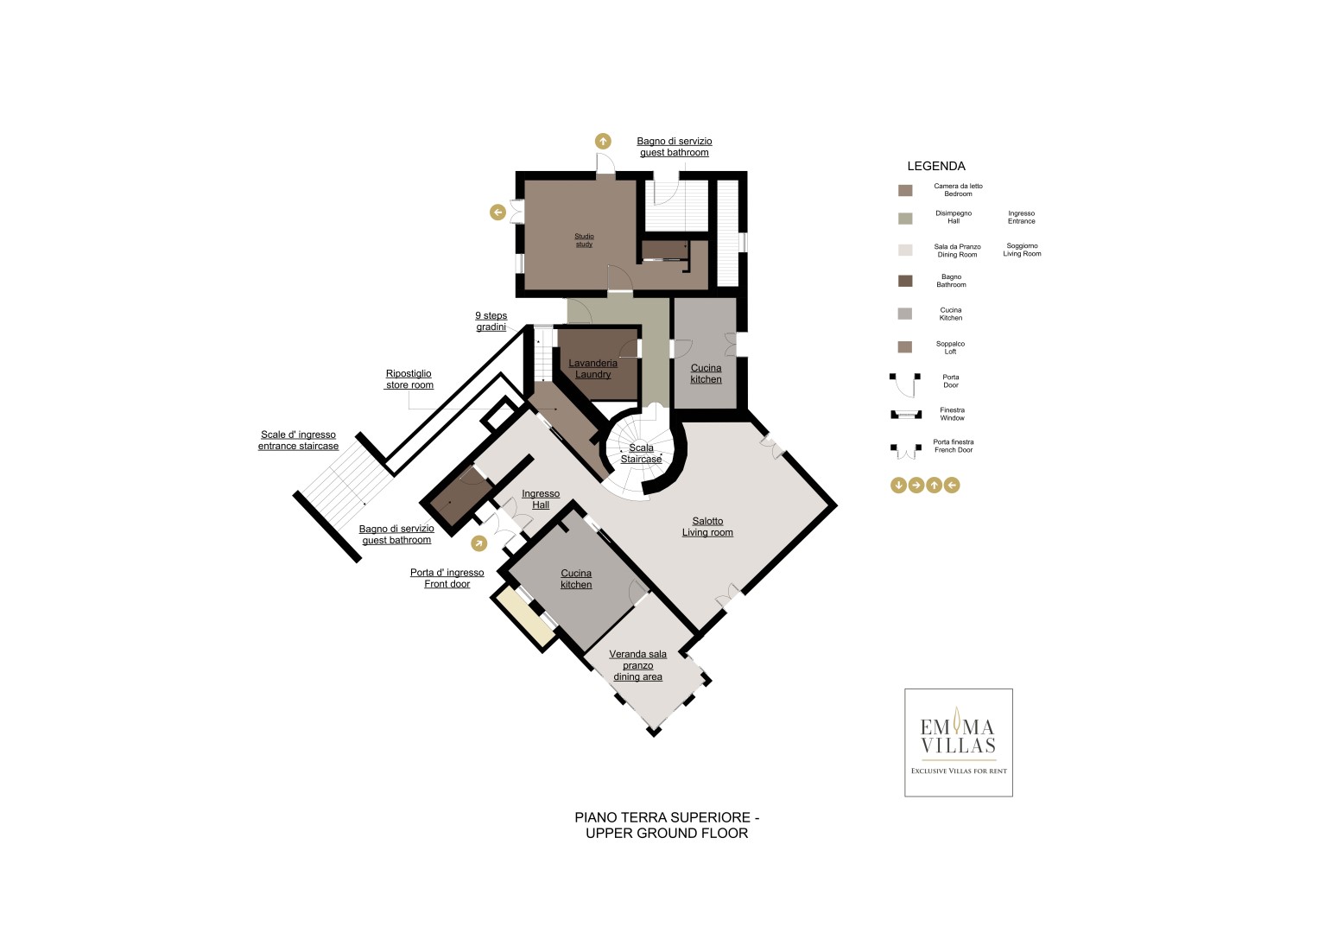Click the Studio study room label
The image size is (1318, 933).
[x=584, y=240]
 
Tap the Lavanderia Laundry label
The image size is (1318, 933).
[x=592, y=369]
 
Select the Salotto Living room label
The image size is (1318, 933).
[x=707, y=527]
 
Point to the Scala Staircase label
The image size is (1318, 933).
[x=641, y=454]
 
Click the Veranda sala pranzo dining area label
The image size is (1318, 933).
[x=637, y=665]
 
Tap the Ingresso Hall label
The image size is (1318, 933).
[x=541, y=499]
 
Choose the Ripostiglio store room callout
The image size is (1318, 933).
[x=409, y=379]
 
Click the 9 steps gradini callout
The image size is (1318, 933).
[x=491, y=321]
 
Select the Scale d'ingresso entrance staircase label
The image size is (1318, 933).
[x=298, y=441]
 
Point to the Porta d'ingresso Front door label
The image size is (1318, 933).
[x=447, y=578]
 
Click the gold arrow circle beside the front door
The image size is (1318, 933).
[x=479, y=543]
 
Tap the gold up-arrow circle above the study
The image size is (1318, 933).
[x=603, y=142]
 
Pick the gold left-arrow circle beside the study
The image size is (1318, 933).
[x=497, y=212]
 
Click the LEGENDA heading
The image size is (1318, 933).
[x=936, y=166]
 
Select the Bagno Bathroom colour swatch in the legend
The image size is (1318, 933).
[x=905, y=281]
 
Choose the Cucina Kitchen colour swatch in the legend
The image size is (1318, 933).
[x=905, y=314]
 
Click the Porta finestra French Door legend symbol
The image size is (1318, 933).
[x=905, y=451]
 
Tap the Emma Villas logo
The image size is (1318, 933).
[x=959, y=742]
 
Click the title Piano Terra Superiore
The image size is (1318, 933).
[x=667, y=817]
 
